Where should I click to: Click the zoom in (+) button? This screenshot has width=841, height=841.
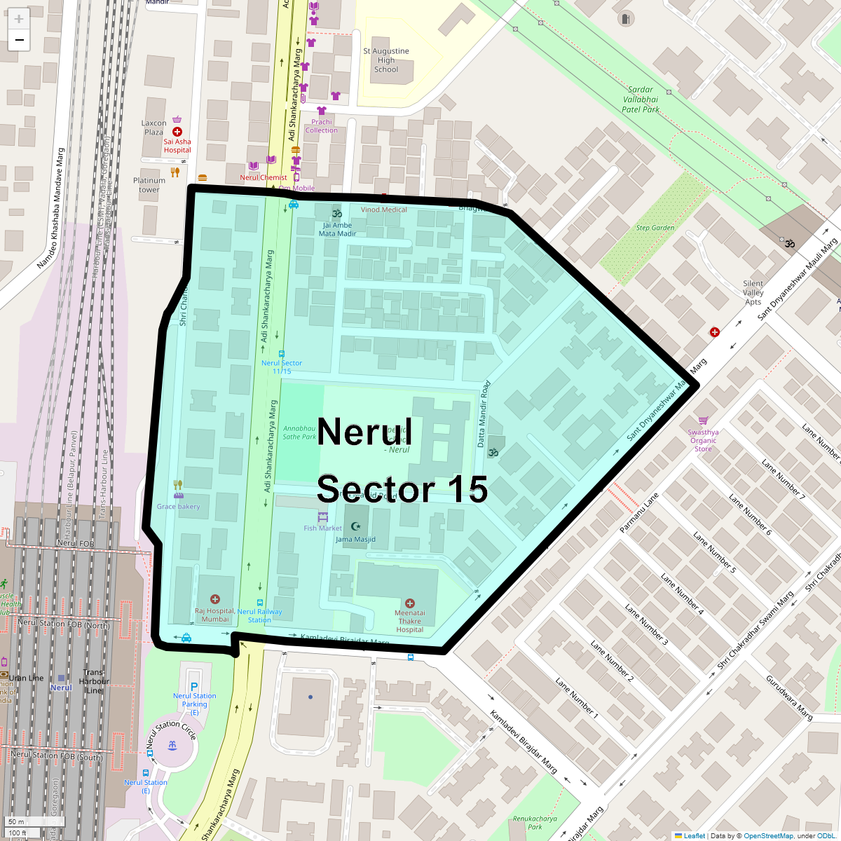click(19, 20)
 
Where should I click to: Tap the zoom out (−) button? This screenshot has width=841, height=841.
click(19, 41)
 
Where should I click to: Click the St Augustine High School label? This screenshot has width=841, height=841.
click(386, 60)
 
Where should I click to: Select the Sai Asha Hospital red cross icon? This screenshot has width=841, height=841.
click(177, 132)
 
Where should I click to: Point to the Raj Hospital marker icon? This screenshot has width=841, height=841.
click(215, 599)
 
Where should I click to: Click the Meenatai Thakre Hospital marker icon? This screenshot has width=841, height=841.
click(409, 603)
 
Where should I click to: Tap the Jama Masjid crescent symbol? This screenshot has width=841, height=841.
click(355, 526)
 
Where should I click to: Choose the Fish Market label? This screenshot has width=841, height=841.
click(322, 528)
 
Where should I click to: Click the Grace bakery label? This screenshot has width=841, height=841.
click(178, 507)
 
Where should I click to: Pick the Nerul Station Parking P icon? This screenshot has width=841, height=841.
click(194, 686)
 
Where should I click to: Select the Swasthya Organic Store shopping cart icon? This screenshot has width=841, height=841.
click(702, 420)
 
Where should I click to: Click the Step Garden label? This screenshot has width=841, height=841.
click(655, 228)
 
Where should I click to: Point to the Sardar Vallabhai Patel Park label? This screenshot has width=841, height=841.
click(641, 100)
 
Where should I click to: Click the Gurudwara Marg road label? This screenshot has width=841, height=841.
click(789, 698)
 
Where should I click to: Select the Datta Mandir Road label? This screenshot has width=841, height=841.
click(483, 414)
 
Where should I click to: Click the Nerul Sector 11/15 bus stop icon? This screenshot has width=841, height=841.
click(282, 354)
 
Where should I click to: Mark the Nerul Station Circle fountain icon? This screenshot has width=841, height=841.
click(172, 745)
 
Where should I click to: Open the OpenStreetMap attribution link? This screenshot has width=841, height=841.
click(768, 835)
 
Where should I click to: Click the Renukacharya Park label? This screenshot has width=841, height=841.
click(535, 822)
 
